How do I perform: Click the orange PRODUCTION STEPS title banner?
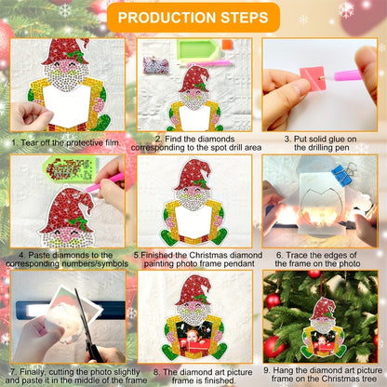pyautogui.click(x=193, y=18)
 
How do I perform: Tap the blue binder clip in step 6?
pyautogui.click(x=341, y=174)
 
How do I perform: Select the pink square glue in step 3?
pyautogui.click(x=312, y=78)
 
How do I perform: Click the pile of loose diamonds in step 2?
pyautogui.click(x=156, y=64)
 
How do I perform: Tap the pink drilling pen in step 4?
pyautogui.click(x=104, y=183)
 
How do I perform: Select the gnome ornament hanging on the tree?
pyautogui.click(x=323, y=327)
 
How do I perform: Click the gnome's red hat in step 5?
pyautogui.click(x=193, y=174)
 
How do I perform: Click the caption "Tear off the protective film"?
pyautogui.click(x=65, y=143)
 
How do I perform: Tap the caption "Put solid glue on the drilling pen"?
pyautogui.click(x=320, y=143)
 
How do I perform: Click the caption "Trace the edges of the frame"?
pyautogui.click(x=317, y=260)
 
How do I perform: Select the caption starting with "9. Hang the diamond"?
pyautogui.click(x=323, y=374)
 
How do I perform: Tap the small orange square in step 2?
pyautogui.click(x=227, y=44)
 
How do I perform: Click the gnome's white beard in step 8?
pyautogui.click(x=194, y=314)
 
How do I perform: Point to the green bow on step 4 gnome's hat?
pyautogui.click(x=79, y=222)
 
